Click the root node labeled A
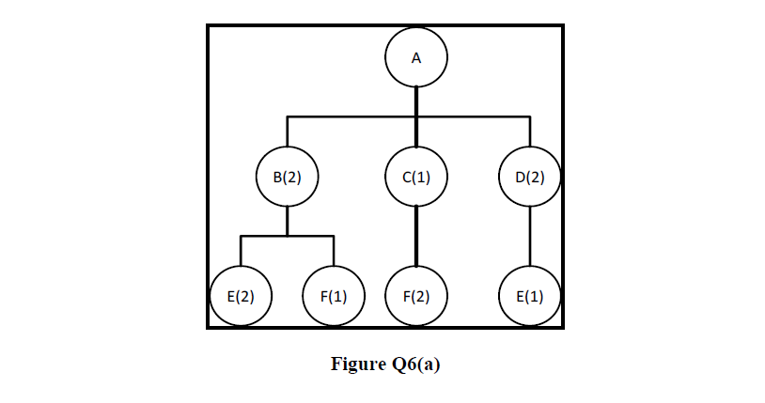416,57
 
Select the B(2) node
288,176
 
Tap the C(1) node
416,176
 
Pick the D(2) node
530,176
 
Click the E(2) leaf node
241,296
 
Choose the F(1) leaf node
334,296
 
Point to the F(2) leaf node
416,296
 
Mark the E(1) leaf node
530,296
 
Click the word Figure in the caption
356,364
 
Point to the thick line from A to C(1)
416,103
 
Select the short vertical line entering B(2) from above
288,131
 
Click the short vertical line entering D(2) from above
530,131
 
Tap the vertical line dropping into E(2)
241,251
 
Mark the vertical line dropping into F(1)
334,251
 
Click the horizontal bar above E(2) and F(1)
288,237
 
